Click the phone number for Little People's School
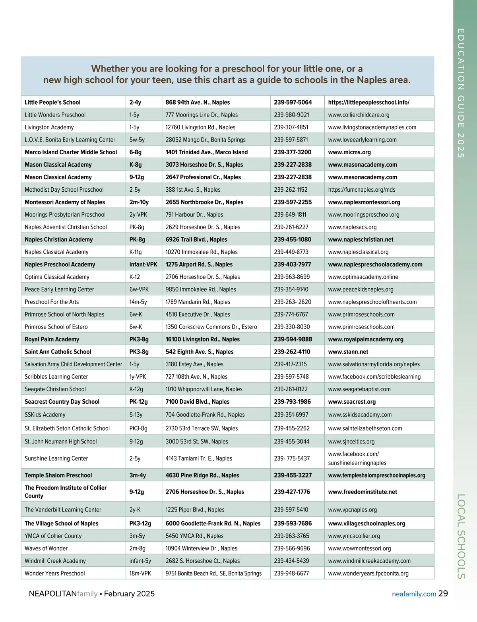click(x=293, y=102)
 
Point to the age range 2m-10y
click(x=139, y=202)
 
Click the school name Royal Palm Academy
click(x=52, y=339)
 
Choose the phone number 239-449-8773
click(x=291, y=252)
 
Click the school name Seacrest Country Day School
click(x=62, y=402)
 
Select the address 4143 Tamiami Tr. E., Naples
click(x=199, y=459)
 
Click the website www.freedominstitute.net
click(x=363, y=492)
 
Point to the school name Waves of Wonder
click(x=46, y=548)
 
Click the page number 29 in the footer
click(x=443, y=594)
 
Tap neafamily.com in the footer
click(x=414, y=594)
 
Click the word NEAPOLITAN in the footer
click(x=52, y=594)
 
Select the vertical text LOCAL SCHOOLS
click(x=461, y=536)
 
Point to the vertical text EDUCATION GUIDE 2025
click(x=461, y=93)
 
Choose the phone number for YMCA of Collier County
click(x=291, y=536)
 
